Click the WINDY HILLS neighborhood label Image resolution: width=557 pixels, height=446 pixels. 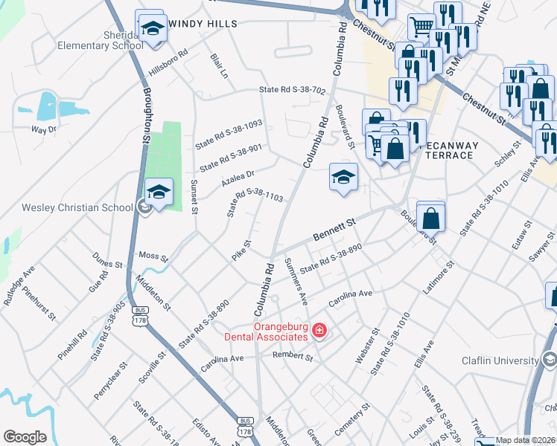pyautogui.click(x=203, y=24)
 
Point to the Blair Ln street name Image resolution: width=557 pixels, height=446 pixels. pyautogui.click(x=218, y=65)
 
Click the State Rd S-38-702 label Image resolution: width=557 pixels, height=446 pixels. pyautogui.click(x=292, y=90)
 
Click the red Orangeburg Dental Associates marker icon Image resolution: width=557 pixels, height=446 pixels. pyautogui.click(x=319, y=329)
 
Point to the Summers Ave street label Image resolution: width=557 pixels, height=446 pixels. pyautogui.click(x=296, y=282)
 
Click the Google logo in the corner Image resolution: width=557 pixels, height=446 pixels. pyautogui.click(x=25, y=437)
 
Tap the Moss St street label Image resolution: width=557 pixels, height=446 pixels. pyautogui.click(x=154, y=256)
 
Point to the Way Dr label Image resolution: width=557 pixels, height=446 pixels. pyautogui.click(x=42, y=129)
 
